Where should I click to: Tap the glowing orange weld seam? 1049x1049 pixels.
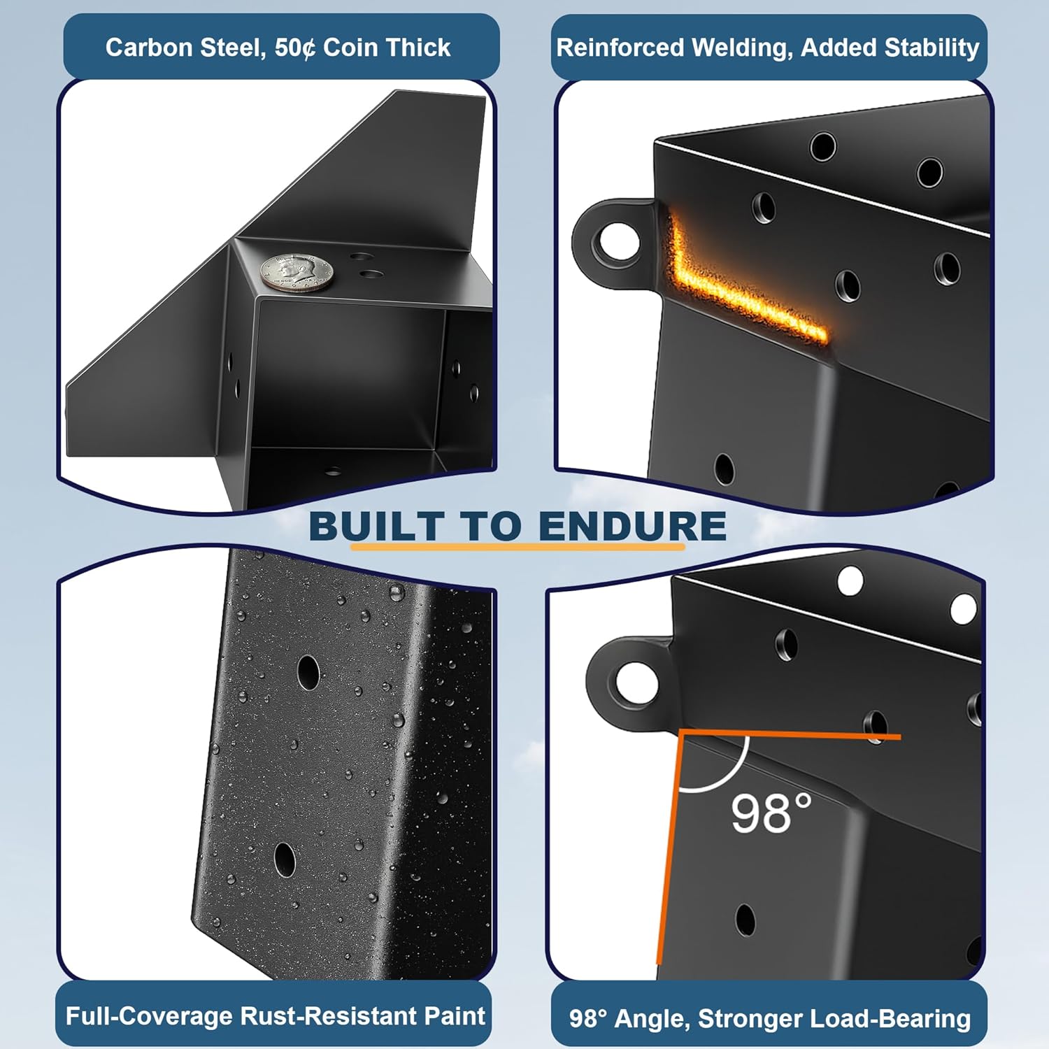[741, 294]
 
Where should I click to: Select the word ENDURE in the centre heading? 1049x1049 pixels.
[632, 526]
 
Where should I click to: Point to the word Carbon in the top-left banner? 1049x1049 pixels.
[149, 48]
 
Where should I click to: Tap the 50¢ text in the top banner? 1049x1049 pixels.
[294, 48]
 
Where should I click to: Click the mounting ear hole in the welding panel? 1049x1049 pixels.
[616, 240]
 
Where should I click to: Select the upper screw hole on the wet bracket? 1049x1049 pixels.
[308, 672]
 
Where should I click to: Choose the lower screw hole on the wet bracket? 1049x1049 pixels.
[284, 859]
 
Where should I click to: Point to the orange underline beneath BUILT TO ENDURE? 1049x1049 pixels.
[518, 546]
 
